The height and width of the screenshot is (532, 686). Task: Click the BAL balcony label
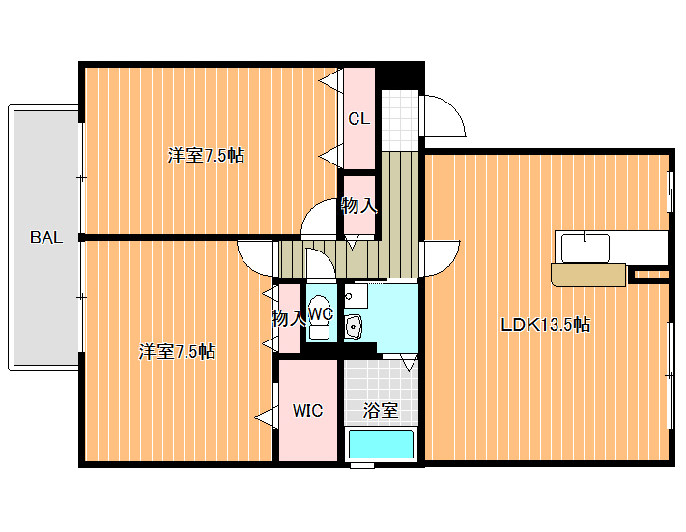(x=46, y=237)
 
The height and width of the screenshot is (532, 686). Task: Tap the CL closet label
(x=359, y=118)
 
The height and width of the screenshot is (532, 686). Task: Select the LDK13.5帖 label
(x=545, y=324)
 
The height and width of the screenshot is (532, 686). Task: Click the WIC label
(x=307, y=411)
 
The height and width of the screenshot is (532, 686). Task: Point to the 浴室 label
(x=380, y=411)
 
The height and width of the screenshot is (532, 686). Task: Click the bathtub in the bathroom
(x=381, y=444)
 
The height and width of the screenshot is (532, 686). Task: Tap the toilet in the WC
(x=320, y=316)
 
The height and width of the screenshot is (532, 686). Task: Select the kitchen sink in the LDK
(x=586, y=248)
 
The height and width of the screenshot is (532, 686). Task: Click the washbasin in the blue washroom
(x=353, y=327)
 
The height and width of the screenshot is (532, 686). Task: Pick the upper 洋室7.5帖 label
(x=206, y=156)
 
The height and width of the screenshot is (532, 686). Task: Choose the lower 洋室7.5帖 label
(x=177, y=351)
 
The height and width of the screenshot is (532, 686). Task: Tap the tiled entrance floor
(x=400, y=120)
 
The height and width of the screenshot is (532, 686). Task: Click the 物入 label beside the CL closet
(x=358, y=205)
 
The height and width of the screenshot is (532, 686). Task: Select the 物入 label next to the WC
(x=288, y=319)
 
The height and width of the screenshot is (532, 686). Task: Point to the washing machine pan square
(x=356, y=296)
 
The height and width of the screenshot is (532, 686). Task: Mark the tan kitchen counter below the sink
(x=588, y=275)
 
